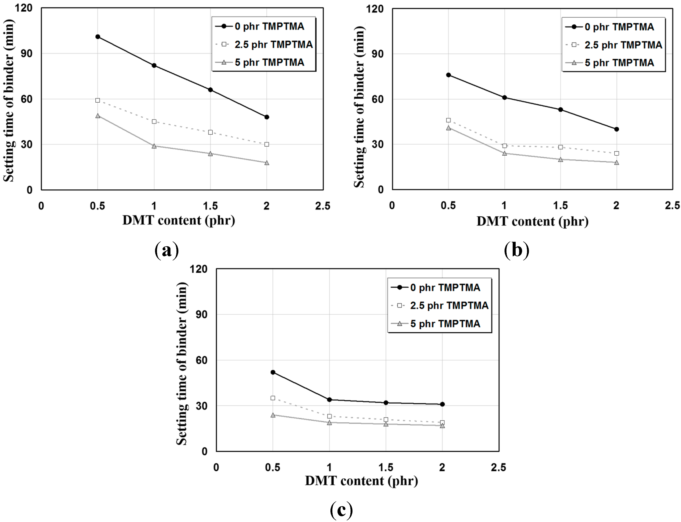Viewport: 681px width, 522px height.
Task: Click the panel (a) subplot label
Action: [167, 250]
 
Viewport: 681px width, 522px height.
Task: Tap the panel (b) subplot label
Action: [517, 250]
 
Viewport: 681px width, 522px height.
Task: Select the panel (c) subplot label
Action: [341, 510]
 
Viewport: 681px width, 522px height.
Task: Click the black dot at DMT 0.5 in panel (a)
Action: [98, 37]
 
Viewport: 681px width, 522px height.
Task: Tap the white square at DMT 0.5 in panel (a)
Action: [98, 100]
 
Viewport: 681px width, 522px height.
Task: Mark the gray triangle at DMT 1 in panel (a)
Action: [154, 146]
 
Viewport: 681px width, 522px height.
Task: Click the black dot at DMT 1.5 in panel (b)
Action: [560, 110]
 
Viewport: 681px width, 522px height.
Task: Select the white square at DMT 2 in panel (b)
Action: [617, 153]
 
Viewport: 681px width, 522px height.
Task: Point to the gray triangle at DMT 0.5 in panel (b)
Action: [448, 128]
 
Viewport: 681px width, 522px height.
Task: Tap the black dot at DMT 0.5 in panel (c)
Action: [273, 372]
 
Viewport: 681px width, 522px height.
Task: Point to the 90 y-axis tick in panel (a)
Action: [27, 53]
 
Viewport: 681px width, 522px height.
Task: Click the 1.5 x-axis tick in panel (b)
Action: [560, 206]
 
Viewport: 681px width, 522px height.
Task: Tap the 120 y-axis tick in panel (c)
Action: [199, 269]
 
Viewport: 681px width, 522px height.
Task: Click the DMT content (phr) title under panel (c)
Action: [361, 481]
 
